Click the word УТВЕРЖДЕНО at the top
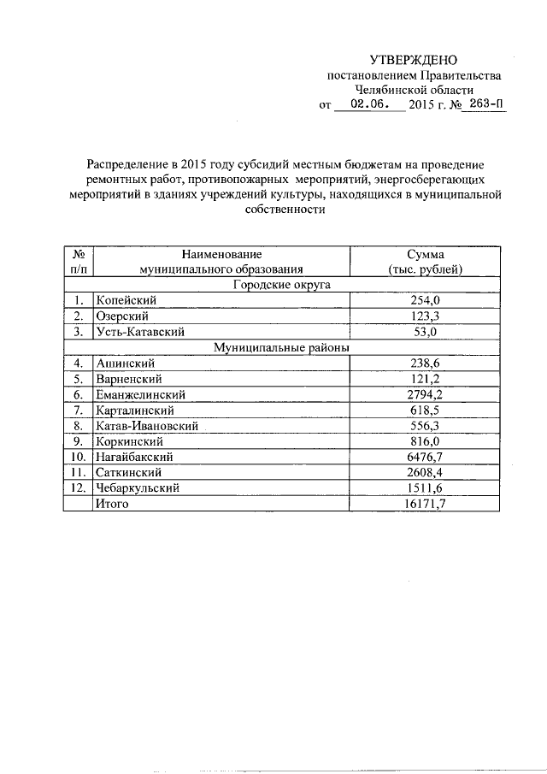[413, 60]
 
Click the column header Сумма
[425, 254]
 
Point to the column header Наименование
[221, 254]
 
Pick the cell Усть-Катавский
[140, 332]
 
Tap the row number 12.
[78, 487]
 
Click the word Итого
[112, 504]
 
